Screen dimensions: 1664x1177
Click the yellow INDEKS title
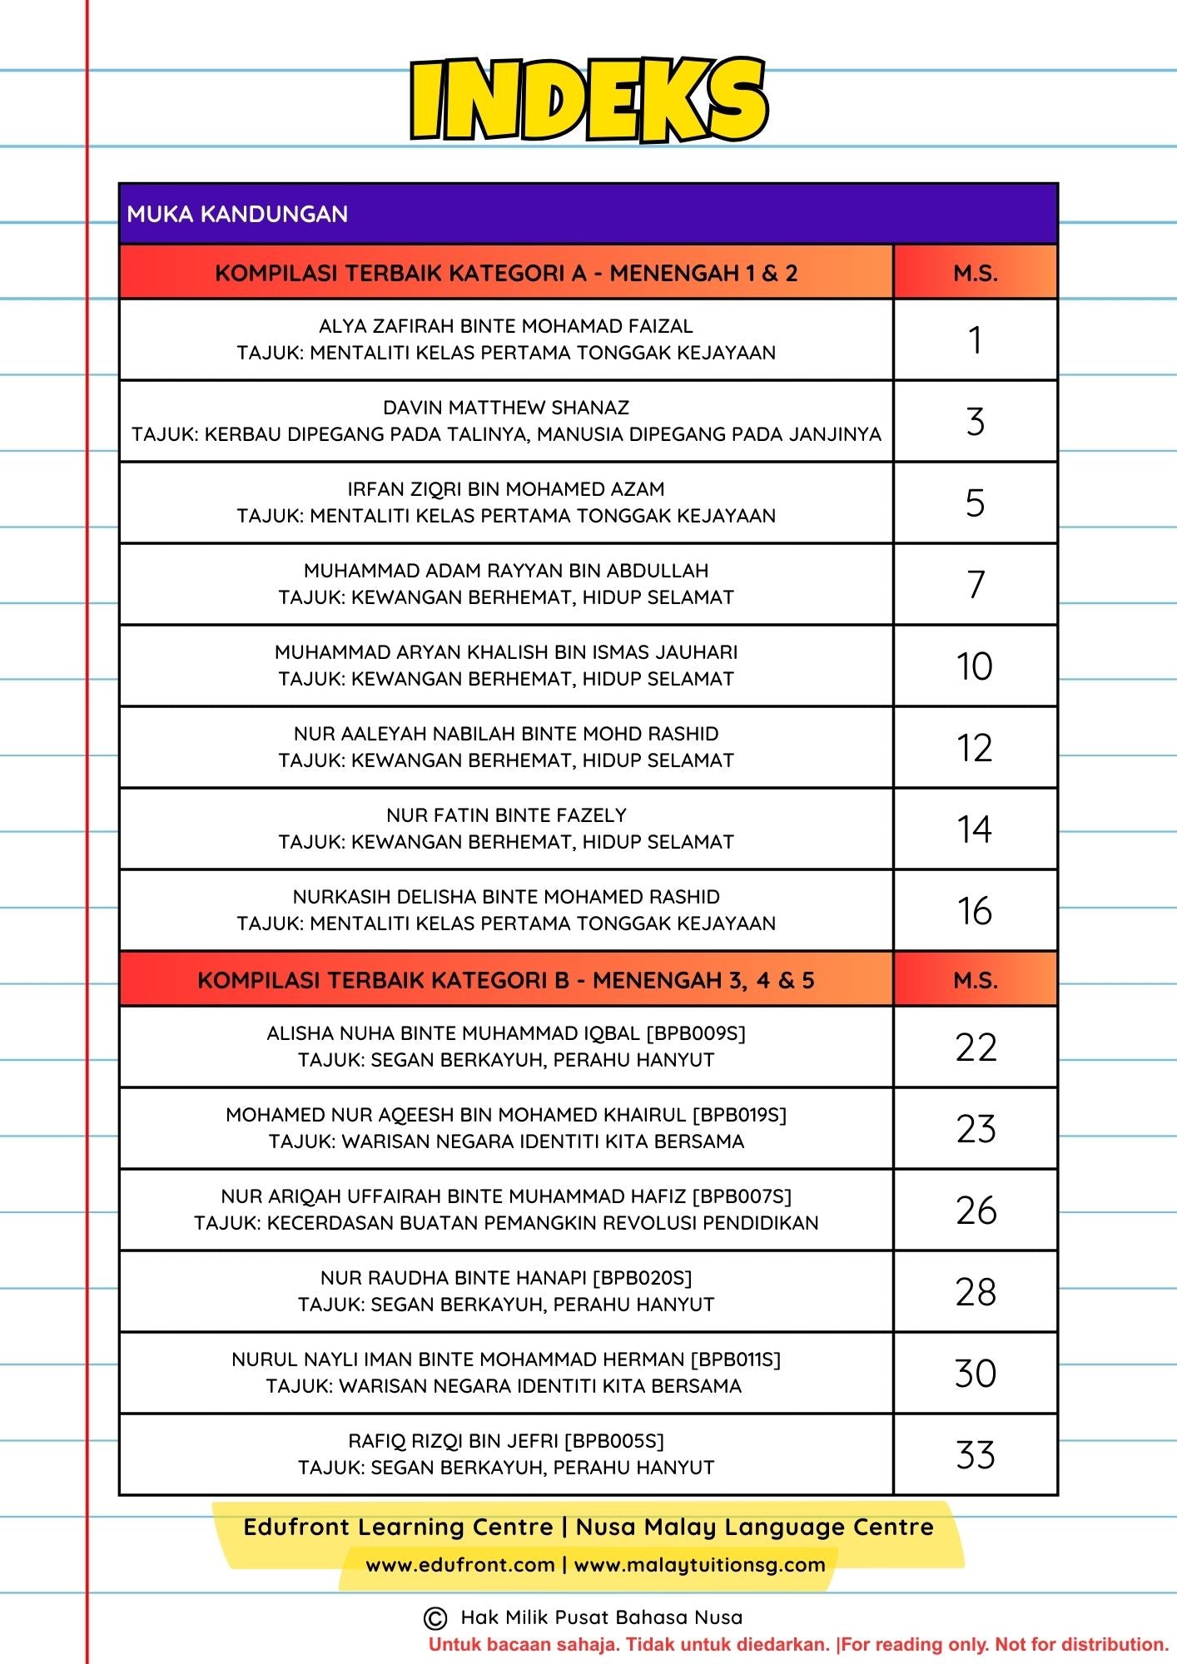[588, 101]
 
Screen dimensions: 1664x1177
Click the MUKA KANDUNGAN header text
[237, 214]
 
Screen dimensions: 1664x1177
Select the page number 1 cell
[975, 340]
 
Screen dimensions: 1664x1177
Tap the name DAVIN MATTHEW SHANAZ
[506, 408]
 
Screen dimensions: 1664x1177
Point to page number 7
[976, 584]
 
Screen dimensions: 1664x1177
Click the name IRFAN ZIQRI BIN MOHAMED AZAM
[506, 489]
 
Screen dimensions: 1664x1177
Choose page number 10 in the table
[975, 666]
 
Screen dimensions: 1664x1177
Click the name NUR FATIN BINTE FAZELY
[506, 815]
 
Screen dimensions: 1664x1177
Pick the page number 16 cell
[975, 911]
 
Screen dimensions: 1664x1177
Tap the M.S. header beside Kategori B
[976, 980]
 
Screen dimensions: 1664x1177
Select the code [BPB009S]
[696, 1033]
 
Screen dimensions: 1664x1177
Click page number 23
[976, 1129]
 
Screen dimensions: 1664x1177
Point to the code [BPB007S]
[742, 1196]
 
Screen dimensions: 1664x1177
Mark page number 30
[976, 1374]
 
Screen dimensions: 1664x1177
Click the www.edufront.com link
[460, 1565]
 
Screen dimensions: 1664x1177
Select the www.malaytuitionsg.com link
[699, 1565]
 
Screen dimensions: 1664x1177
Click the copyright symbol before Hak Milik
[435, 1618]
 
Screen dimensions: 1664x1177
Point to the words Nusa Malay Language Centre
[754, 1528]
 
